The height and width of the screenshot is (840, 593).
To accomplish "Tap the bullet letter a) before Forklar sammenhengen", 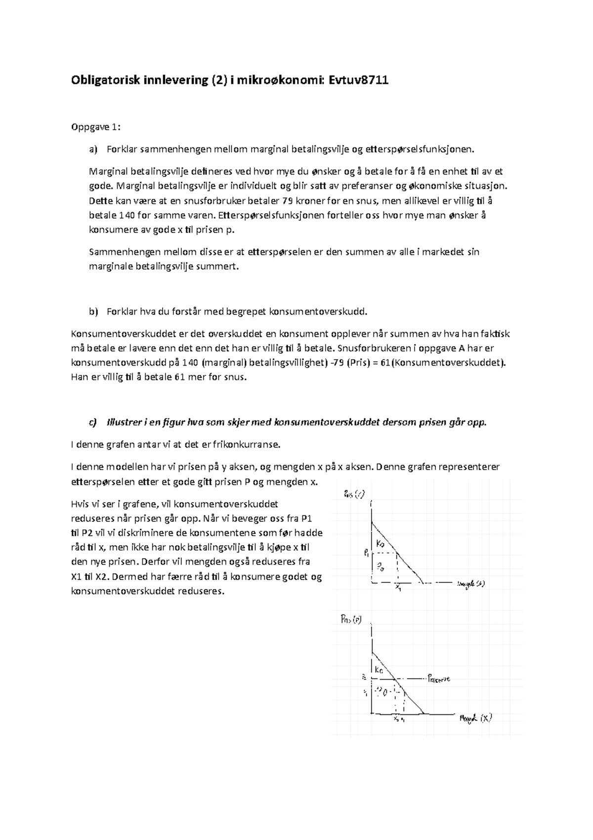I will click(93, 149).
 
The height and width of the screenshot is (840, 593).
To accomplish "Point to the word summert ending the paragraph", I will click(220, 267).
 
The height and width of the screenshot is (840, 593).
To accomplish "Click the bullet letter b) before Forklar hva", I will click(93, 312).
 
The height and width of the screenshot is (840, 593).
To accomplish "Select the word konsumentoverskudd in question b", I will click(318, 312).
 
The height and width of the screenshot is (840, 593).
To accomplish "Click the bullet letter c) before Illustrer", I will click(92, 422).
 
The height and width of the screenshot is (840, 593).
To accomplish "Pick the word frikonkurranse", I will click(247, 444).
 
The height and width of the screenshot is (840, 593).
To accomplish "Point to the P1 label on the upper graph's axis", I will click(366, 554).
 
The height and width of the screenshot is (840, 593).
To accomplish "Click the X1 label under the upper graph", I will click(398, 587).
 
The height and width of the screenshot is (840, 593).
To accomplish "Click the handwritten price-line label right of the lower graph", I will click(438, 679).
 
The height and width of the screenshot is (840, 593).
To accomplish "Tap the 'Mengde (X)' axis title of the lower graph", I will click(475, 718).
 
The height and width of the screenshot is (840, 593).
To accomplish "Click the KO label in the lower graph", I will click(379, 670).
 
